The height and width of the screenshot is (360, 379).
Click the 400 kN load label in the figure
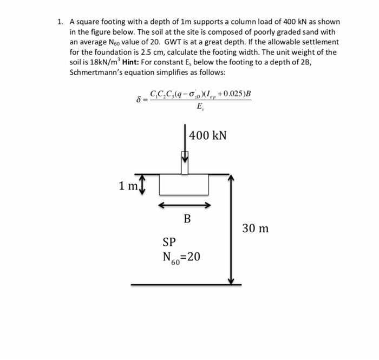[x=208, y=135]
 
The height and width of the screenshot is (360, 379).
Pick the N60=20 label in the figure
[x=181, y=257]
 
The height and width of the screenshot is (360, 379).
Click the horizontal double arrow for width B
[x=184, y=205]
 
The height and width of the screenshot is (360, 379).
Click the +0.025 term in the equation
[x=233, y=93]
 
